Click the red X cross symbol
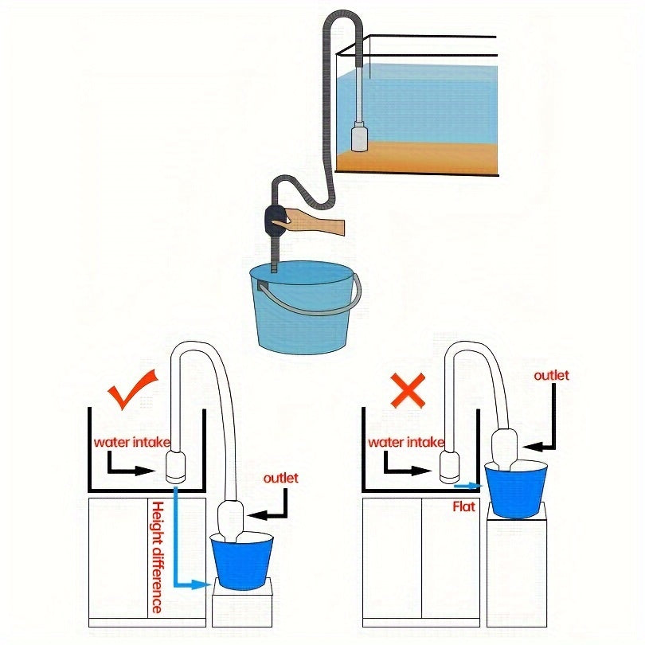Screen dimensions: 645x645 click(408, 391)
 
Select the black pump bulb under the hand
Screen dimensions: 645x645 click(276, 219)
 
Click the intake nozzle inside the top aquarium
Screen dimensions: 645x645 click(358, 135)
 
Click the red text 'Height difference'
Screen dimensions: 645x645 click(157, 557)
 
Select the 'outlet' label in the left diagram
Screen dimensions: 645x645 click(280, 478)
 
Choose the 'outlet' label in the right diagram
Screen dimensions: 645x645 click(551, 375)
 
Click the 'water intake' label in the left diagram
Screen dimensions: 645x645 click(131, 442)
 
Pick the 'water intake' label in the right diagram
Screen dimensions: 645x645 click(406, 442)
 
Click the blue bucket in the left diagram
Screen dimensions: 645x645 click(242, 561)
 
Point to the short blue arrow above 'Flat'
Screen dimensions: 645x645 click(468, 484)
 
